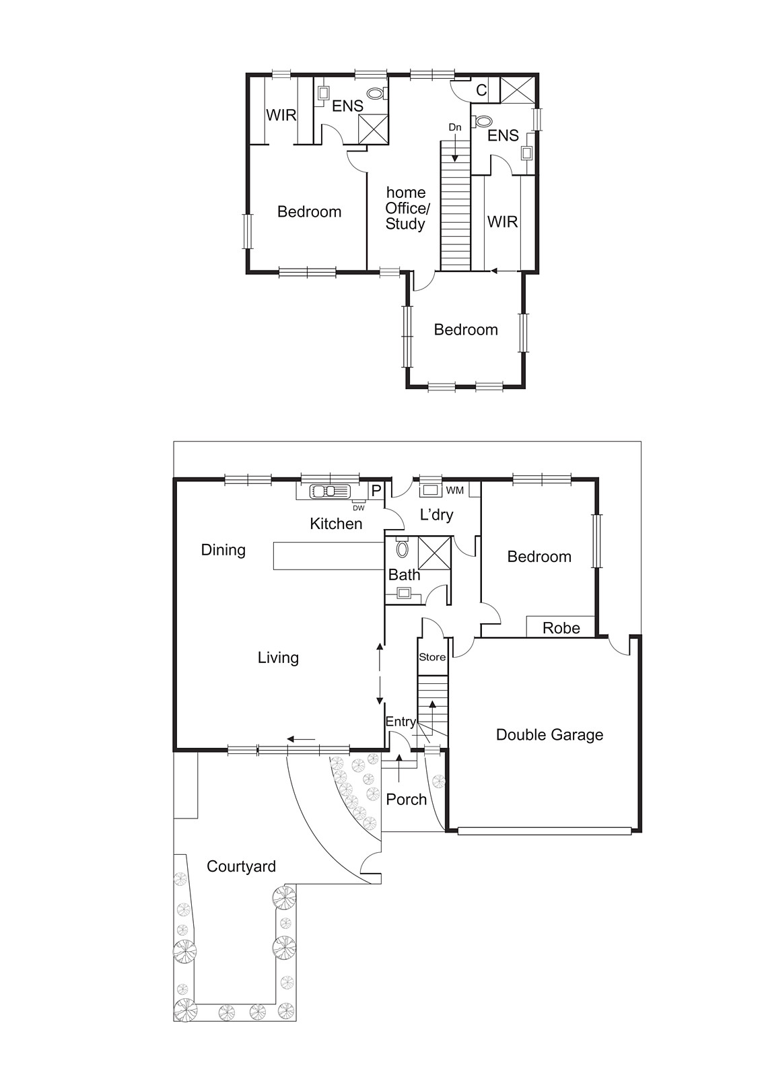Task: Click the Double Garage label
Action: [549, 734]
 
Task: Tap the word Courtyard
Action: [241, 866]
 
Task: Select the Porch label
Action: [407, 799]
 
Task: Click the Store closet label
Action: [432, 657]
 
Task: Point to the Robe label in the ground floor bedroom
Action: [561, 628]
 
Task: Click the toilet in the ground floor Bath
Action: [403, 549]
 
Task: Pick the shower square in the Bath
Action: [434, 552]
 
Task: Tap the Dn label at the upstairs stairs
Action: [455, 127]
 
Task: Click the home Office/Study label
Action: [405, 208]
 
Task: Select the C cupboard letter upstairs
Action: [481, 90]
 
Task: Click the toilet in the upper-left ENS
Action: [376, 93]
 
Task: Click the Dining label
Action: [223, 550]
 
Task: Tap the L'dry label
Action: [436, 515]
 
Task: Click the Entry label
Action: [401, 722]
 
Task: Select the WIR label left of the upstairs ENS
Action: [281, 115]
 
